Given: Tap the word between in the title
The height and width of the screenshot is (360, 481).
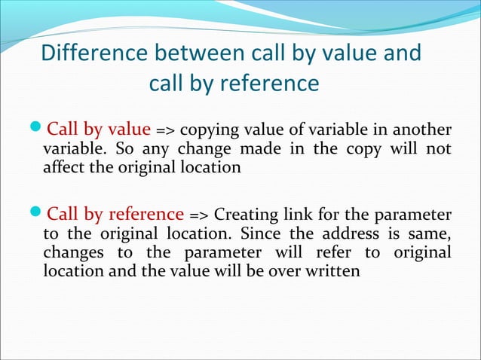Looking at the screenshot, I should pos(201,54).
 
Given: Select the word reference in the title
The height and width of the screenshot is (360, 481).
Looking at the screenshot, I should pos(269,83).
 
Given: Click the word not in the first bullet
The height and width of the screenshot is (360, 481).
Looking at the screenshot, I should pos(439,148).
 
